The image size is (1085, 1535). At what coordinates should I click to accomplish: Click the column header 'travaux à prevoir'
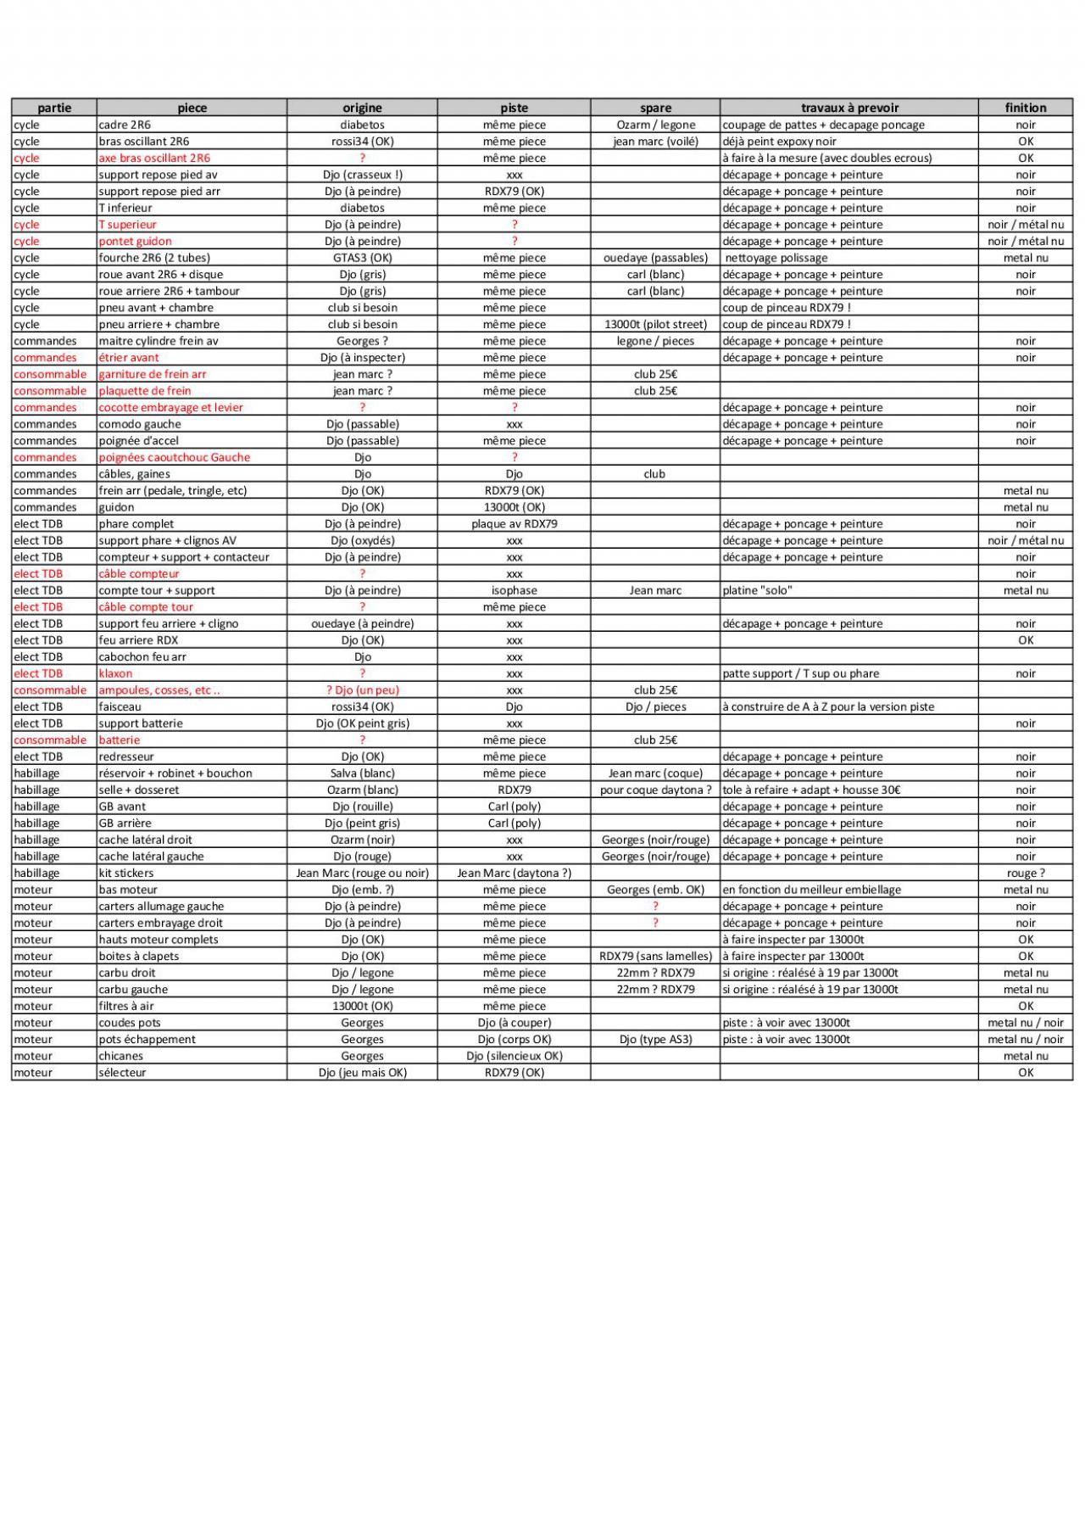(x=849, y=108)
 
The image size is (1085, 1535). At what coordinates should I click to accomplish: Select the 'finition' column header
(x=1026, y=108)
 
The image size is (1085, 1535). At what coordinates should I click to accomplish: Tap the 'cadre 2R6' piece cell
(x=125, y=125)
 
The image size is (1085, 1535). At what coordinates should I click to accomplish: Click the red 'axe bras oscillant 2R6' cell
(x=154, y=158)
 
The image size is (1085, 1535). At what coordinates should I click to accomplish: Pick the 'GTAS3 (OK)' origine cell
(x=362, y=258)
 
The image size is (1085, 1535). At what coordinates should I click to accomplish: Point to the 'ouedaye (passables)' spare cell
(x=655, y=258)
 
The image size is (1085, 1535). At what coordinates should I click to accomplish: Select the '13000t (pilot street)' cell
(x=655, y=324)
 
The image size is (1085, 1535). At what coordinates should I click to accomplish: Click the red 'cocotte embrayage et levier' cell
(x=170, y=407)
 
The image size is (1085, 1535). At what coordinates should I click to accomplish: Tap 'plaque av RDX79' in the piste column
(x=514, y=524)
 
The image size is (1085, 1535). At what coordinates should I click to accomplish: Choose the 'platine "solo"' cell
(x=757, y=590)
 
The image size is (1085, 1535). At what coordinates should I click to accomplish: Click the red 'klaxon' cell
(x=115, y=673)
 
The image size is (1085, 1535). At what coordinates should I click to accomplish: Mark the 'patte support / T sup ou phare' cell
(x=800, y=673)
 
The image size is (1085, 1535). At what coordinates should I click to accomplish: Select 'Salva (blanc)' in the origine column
(x=362, y=773)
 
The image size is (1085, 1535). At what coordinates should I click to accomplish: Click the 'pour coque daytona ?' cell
(x=655, y=790)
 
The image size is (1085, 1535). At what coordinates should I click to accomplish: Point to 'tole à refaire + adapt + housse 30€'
(x=811, y=790)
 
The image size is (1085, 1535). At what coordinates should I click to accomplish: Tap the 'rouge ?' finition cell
(x=1026, y=873)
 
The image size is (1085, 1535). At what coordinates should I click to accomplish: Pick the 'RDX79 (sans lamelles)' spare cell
(x=655, y=956)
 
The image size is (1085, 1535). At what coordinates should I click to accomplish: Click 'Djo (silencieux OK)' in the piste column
(x=514, y=1056)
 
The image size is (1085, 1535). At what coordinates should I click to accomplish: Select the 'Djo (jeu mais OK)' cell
(x=362, y=1073)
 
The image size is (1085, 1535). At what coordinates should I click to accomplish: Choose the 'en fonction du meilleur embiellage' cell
(x=811, y=890)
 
